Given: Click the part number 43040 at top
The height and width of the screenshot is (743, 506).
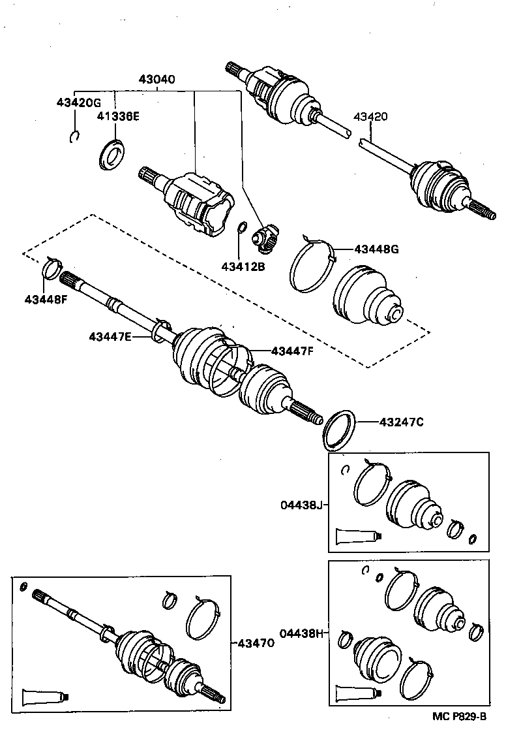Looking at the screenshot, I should [156, 80].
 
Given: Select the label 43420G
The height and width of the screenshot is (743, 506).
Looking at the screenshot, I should [79, 103].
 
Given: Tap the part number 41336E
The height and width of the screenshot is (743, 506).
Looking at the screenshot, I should [119, 117].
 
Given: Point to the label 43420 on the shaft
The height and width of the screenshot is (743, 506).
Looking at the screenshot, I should [370, 118].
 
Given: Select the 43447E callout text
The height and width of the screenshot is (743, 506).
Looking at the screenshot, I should [111, 336].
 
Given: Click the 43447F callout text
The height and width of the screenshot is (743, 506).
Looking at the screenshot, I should [293, 351].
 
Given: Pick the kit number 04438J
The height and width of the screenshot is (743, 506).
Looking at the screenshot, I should [302, 504].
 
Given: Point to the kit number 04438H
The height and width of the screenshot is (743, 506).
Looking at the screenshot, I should [302, 633].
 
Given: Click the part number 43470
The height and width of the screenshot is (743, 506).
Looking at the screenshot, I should [256, 643].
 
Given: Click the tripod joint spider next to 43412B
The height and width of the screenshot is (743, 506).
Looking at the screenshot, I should [267, 239].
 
